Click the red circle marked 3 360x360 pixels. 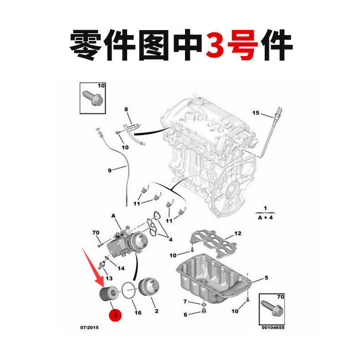[x=115, y=315]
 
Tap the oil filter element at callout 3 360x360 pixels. [x=108, y=294]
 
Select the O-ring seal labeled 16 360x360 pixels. [x=129, y=291]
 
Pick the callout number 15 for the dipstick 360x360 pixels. [x=256, y=113]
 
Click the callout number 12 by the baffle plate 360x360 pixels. [x=237, y=233]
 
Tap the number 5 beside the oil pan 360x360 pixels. [x=266, y=278]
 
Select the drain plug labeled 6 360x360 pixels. [x=203, y=311]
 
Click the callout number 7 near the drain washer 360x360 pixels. [x=185, y=302]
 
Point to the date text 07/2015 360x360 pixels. [x=89, y=327]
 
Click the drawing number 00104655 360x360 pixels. [x=273, y=327]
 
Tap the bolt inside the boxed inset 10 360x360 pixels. [x=93, y=98]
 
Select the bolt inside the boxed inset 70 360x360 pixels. [x=273, y=309]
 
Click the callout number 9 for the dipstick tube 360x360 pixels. [x=110, y=170]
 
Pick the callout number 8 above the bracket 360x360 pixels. [x=126, y=109]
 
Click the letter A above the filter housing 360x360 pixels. [x=113, y=216]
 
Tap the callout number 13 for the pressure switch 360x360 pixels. [x=109, y=278]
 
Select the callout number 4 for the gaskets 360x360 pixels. [x=170, y=239]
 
